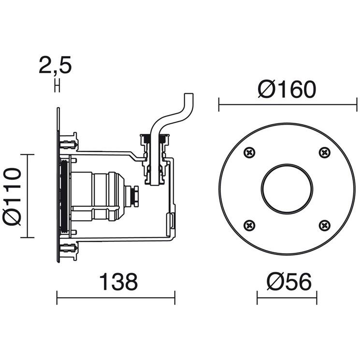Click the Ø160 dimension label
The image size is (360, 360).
(287, 89)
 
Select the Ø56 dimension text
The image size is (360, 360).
(289, 282)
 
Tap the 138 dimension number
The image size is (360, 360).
(118, 282)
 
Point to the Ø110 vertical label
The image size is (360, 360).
(12, 196)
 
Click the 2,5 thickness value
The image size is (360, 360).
(55, 65)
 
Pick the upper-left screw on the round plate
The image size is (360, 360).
(249, 152)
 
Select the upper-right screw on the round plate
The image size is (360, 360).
(325, 152)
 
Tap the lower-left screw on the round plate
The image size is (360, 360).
(249, 226)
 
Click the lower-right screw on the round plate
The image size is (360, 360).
(325, 226)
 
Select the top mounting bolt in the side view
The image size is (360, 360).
(69, 144)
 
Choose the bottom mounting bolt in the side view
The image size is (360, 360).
(69, 248)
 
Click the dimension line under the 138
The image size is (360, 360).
(116, 298)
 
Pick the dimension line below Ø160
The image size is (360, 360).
(288, 105)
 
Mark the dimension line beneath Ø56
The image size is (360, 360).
(287, 298)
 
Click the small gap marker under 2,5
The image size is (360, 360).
(58, 86)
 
